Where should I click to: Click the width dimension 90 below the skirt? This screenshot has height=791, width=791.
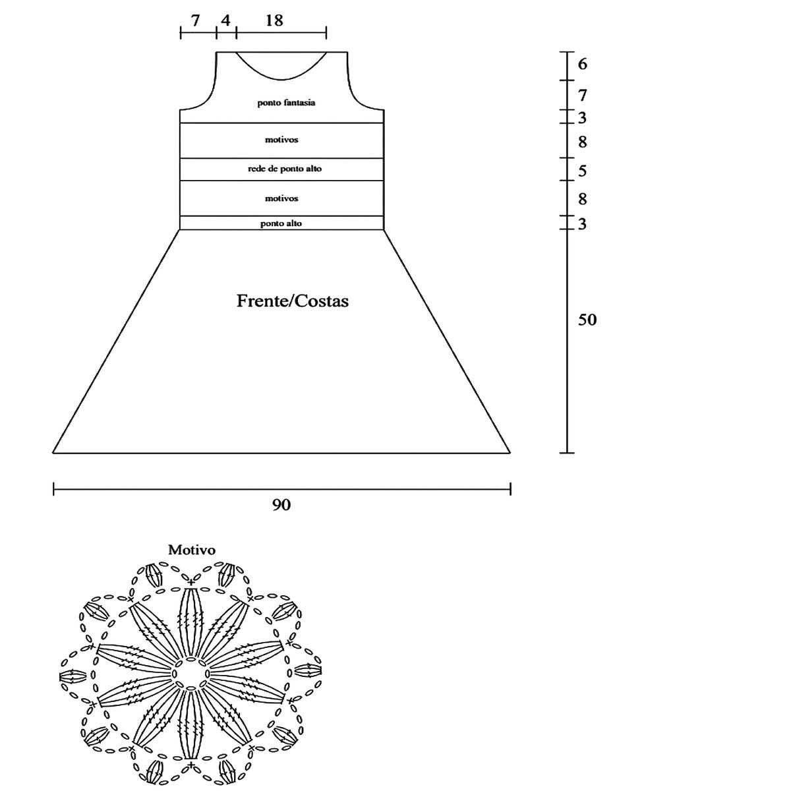(x=281, y=506)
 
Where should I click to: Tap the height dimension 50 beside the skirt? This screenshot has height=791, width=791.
(x=587, y=320)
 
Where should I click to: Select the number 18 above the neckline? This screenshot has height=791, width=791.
(x=274, y=20)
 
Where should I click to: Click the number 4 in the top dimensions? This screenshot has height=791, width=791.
(x=225, y=20)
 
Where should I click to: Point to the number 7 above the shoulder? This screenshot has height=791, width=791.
(x=196, y=20)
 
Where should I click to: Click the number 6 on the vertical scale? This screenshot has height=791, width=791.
(x=582, y=65)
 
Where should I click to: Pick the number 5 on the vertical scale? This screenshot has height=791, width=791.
(x=582, y=171)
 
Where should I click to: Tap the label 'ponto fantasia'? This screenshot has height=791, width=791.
(x=286, y=103)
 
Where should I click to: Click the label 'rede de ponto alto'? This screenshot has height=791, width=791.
(x=285, y=169)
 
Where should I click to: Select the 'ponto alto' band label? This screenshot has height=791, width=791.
(x=281, y=223)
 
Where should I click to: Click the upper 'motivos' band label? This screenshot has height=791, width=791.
(x=281, y=140)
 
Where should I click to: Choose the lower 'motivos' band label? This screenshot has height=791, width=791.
(x=281, y=198)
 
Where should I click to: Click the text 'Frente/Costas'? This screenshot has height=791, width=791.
(x=293, y=302)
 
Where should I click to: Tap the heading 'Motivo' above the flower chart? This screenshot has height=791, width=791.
(x=192, y=549)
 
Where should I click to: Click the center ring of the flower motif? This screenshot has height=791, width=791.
(x=191, y=674)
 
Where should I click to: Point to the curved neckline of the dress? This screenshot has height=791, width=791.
(x=281, y=76)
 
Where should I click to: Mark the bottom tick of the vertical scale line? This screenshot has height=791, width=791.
(x=567, y=453)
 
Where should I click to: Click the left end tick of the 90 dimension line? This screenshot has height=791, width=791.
(x=53, y=489)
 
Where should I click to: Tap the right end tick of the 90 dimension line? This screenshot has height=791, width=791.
(x=511, y=489)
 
